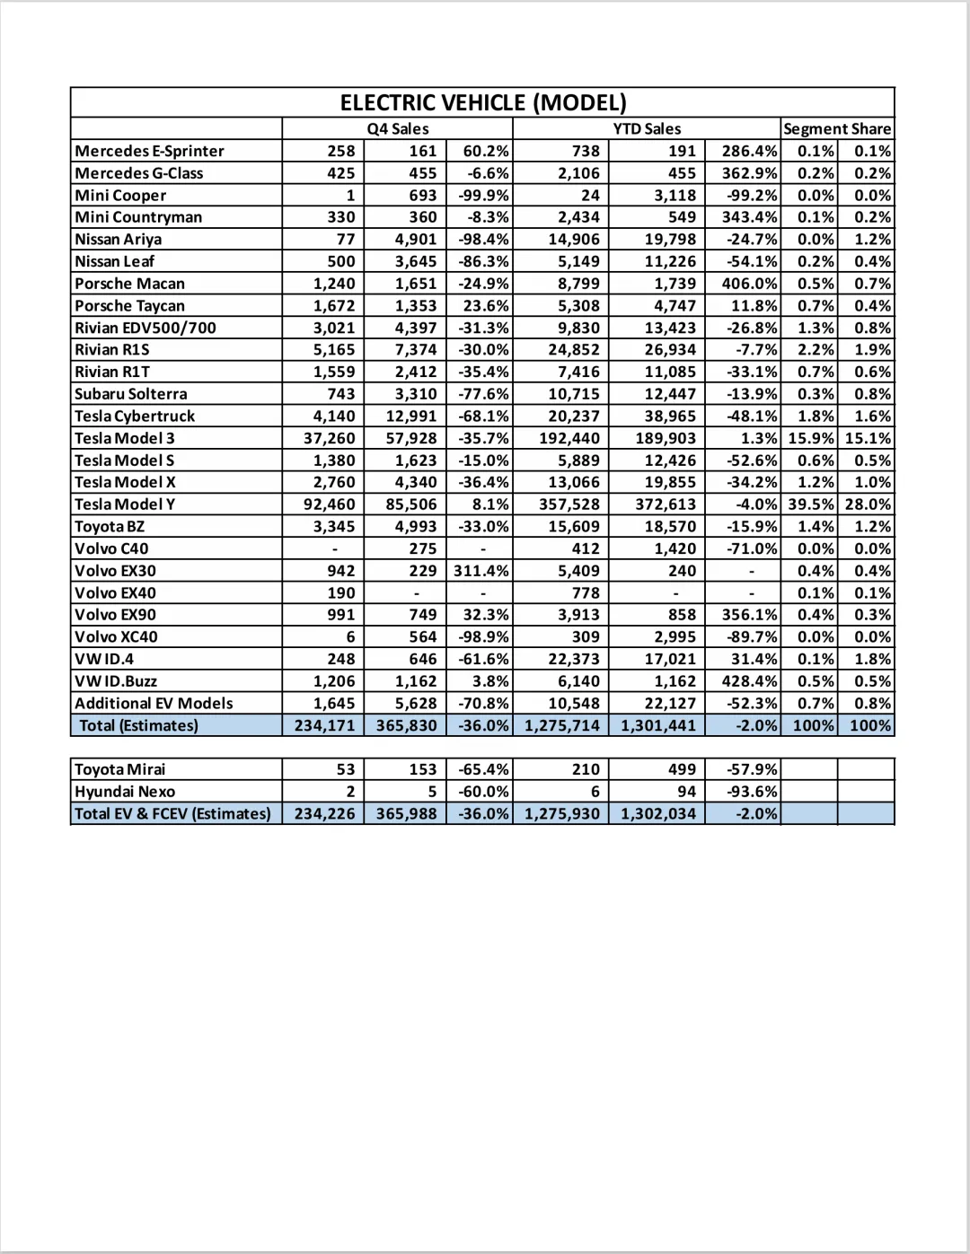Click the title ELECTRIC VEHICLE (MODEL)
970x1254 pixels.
[483, 102]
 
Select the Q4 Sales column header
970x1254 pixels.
[398, 128]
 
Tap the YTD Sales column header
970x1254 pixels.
[647, 128]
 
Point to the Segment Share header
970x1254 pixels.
[837, 128]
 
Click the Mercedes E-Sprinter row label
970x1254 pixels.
[149, 151]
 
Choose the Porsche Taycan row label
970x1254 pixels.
[129, 305]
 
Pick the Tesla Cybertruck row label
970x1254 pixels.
[135, 416]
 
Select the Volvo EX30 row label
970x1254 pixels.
[115, 570]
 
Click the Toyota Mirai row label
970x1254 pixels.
[119, 769]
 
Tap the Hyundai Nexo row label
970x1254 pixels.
[125, 792]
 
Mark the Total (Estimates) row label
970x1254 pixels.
[138, 725]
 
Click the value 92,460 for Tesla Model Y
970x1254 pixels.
[329, 504]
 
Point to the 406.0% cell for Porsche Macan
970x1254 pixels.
[749, 284]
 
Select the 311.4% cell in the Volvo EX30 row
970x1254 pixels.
[481, 570]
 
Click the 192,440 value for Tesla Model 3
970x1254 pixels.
[569, 438]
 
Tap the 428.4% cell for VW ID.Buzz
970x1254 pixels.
[749, 681]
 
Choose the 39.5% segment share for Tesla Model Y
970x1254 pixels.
[811, 504]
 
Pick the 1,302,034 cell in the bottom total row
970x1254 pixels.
[657, 813]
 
